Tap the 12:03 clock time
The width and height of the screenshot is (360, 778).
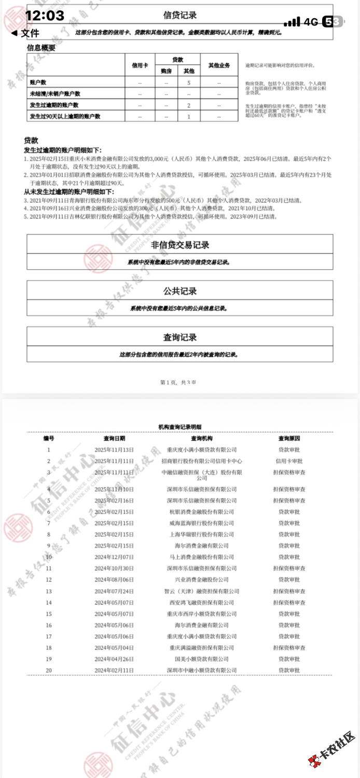click(x=45, y=16)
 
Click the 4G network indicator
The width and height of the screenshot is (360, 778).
click(x=311, y=22)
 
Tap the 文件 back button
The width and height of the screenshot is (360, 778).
click(x=25, y=33)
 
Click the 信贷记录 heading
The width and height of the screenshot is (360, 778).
click(x=180, y=16)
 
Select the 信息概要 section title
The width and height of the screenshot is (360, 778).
click(x=41, y=48)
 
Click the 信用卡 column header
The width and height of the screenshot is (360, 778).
click(x=140, y=66)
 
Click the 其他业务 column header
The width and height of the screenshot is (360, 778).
click(x=219, y=66)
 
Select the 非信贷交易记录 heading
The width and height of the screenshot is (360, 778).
click(x=180, y=245)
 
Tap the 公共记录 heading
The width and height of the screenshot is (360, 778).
click(x=180, y=291)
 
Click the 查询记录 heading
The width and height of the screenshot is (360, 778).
click(x=180, y=338)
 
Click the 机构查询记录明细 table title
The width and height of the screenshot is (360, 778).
click(x=179, y=426)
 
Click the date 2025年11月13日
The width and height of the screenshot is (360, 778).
click(x=114, y=450)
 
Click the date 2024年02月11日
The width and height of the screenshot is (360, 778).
click(x=114, y=670)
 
